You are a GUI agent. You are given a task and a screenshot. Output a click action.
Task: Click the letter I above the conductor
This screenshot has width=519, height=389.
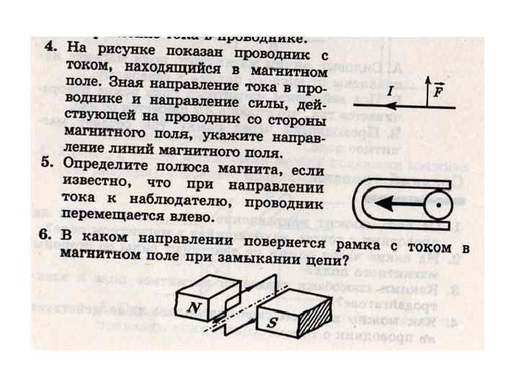pyautogui.click(x=389, y=93)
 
